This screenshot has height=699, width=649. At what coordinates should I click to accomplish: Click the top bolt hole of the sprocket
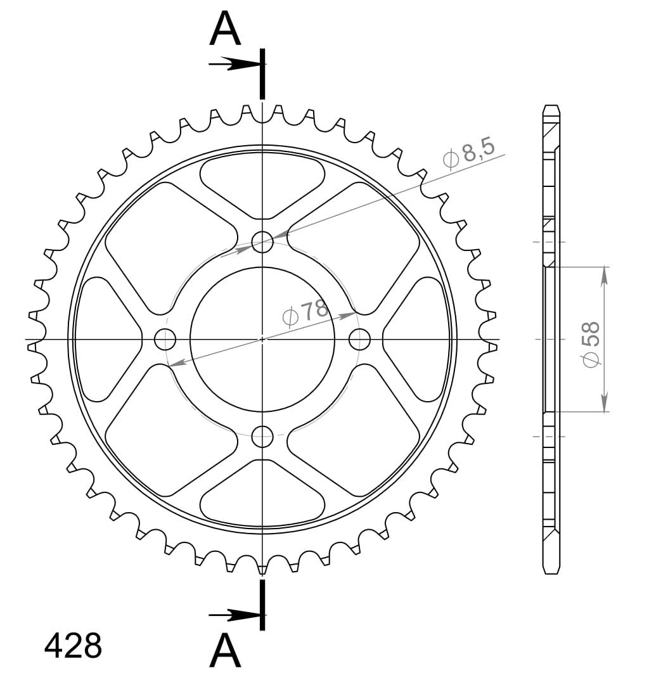(262, 241)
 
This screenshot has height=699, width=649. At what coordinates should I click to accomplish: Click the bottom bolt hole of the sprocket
(262, 436)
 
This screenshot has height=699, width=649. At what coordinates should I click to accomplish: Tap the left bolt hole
(165, 340)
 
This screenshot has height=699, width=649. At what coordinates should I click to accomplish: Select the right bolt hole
(359, 340)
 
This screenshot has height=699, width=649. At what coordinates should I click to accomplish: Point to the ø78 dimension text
(306, 312)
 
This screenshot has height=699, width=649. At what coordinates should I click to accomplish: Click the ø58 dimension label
(590, 344)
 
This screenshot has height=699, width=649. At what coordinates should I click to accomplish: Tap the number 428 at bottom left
(73, 646)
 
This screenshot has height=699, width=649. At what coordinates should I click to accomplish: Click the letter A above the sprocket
(225, 30)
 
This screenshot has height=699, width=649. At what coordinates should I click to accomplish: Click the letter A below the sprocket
(225, 651)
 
